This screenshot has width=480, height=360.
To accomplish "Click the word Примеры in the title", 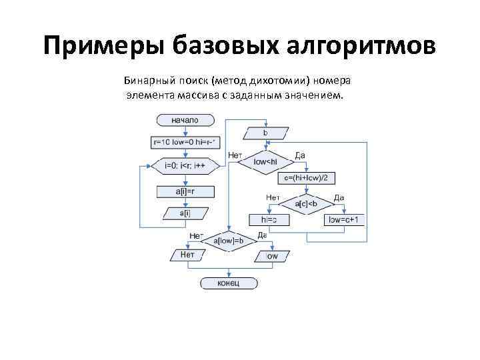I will (101, 47).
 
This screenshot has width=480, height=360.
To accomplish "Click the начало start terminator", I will (185, 120).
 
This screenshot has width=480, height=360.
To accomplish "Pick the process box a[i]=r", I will (185, 191).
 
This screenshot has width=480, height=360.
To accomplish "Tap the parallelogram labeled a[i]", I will (185, 213).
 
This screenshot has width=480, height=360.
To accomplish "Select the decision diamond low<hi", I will (265, 161).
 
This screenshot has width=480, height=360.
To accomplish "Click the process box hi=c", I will (269, 219).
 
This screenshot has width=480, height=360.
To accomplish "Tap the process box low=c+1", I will (344, 219).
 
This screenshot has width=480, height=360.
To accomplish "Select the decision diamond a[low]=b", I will (229, 240).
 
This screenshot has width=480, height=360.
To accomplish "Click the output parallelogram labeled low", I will (272, 255).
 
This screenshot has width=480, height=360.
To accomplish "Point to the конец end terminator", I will (229, 283).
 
